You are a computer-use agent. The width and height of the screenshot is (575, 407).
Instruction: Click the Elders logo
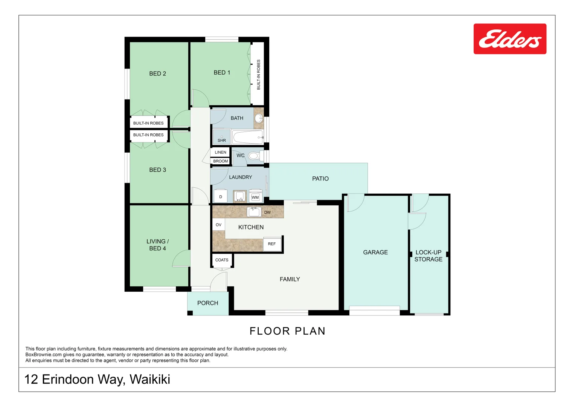point(509,39)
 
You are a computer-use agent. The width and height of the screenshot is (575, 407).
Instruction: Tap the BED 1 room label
point(221,72)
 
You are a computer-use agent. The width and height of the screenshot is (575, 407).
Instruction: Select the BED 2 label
point(157,73)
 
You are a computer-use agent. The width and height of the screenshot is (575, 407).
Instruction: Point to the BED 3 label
point(157,170)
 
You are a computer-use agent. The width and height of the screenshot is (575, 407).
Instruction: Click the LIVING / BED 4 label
point(157,245)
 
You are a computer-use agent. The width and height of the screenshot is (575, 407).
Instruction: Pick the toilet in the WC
point(255,156)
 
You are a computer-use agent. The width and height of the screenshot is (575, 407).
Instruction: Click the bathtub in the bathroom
point(247,137)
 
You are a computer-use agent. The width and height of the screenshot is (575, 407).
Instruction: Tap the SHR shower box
point(221,137)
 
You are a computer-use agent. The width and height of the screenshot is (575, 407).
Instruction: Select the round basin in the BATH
point(259,118)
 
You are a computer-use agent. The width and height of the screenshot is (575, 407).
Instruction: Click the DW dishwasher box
point(267,212)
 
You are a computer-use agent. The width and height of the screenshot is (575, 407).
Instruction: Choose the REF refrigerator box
point(272,244)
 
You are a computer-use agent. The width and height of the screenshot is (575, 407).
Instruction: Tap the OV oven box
point(218,225)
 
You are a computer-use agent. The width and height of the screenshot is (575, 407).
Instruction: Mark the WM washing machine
point(255,197)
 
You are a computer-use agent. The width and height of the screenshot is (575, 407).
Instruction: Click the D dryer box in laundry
point(221,197)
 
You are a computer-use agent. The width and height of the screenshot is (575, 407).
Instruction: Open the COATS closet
point(222,260)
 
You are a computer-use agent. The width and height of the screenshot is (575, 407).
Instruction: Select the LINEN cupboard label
point(220,152)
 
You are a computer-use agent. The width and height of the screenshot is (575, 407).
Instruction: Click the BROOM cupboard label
point(220,161)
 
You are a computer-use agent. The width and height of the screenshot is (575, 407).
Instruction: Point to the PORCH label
point(207,303)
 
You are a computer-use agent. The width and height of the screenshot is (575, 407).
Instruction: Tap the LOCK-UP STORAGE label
point(428,256)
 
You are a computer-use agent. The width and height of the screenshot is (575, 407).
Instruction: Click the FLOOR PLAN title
point(287,331)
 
